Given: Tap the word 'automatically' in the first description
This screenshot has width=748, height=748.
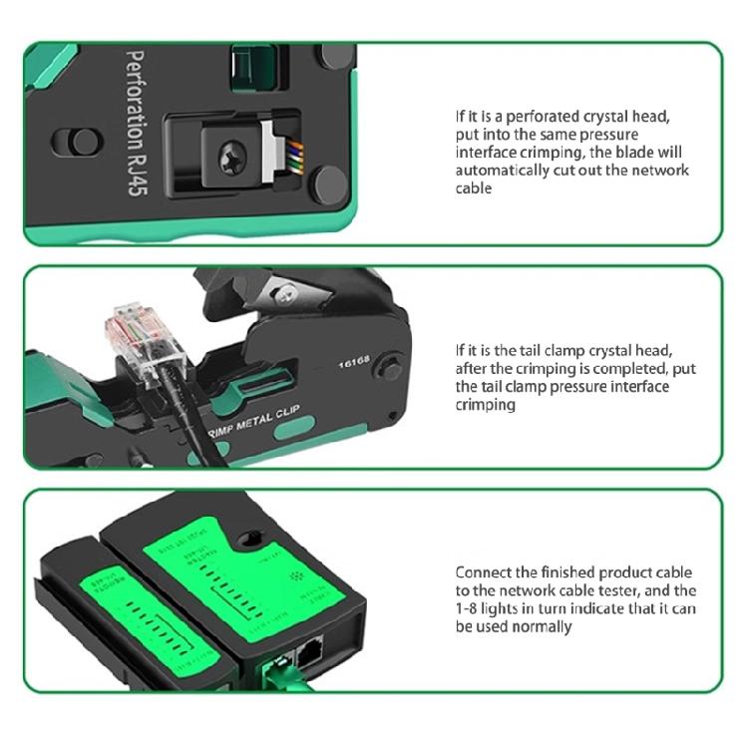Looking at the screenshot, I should tap(499, 171).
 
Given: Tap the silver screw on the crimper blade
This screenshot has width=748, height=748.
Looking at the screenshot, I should tap(287, 290).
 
